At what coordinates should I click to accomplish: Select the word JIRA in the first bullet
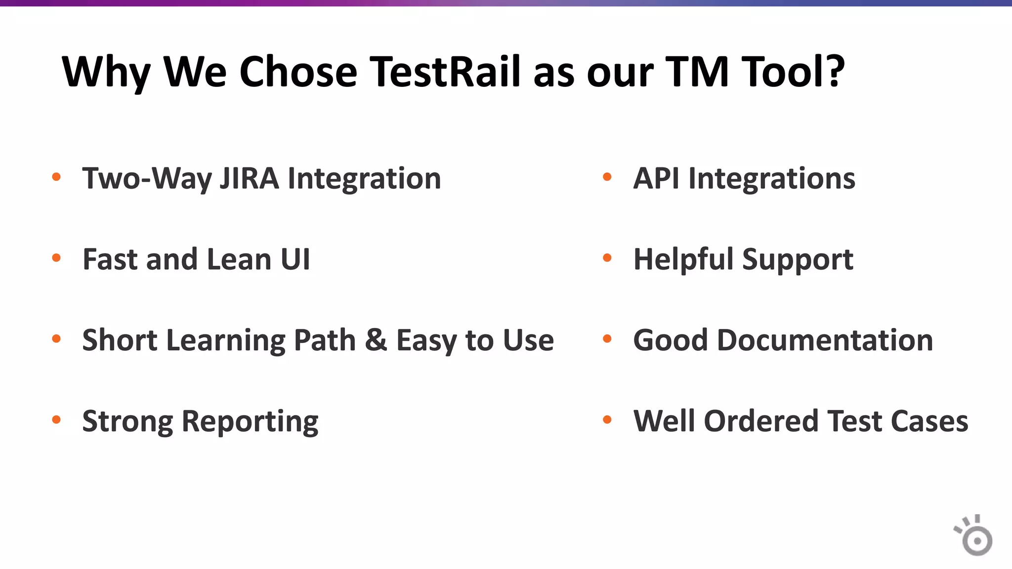[249, 178]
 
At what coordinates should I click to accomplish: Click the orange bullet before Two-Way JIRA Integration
[56, 177]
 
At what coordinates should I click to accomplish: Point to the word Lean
[239, 259]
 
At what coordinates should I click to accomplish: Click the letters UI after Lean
[295, 259]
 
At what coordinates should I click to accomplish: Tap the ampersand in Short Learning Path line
[376, 340]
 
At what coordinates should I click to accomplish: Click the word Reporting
[250, 422]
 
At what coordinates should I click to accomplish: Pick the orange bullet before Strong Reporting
[56, 420]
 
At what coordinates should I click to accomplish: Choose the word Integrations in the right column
[771, 179]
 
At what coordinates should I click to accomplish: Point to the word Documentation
[825, 340]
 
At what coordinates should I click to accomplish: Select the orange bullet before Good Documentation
[607, 339]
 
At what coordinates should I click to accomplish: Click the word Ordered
[761, 421]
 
